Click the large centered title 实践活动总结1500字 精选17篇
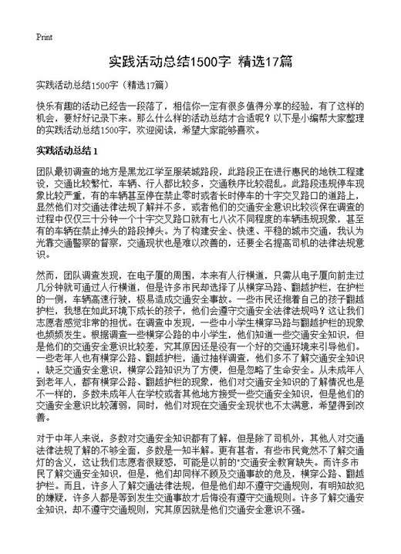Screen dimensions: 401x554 pyautogui.click(x=200, y=60)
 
